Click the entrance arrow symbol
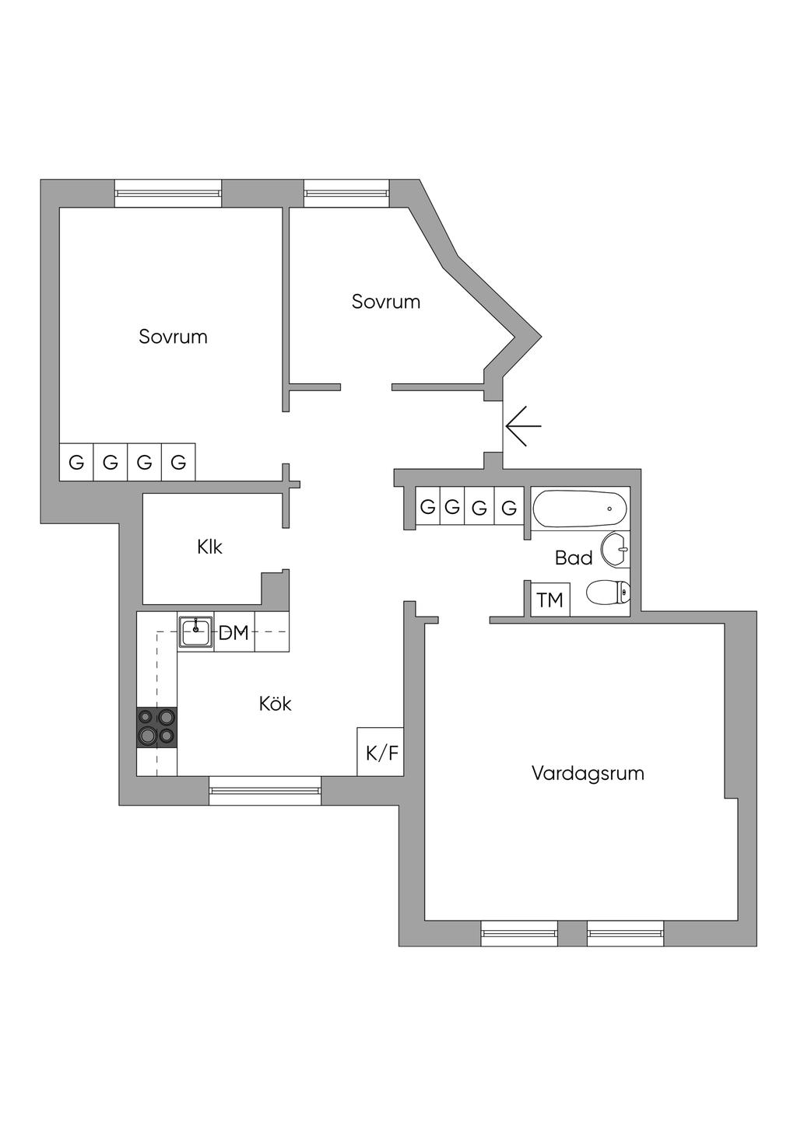(522, 426)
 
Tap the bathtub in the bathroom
(580, 509)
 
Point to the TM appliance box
(550, 600)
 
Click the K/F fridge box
(381, 752)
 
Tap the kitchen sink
(195, 631)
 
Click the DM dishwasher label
(233, 633)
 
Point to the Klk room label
(210, 547)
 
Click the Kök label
(276, 704)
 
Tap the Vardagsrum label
(588, 774)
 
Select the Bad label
(574, 558)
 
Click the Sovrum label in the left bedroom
(173, 337)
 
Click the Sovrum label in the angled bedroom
(386, 302)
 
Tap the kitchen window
(265, 790)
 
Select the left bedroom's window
(168, 193)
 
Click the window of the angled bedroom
(346, 193)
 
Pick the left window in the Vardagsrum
(519, 932)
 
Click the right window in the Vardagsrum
(625, 932)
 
